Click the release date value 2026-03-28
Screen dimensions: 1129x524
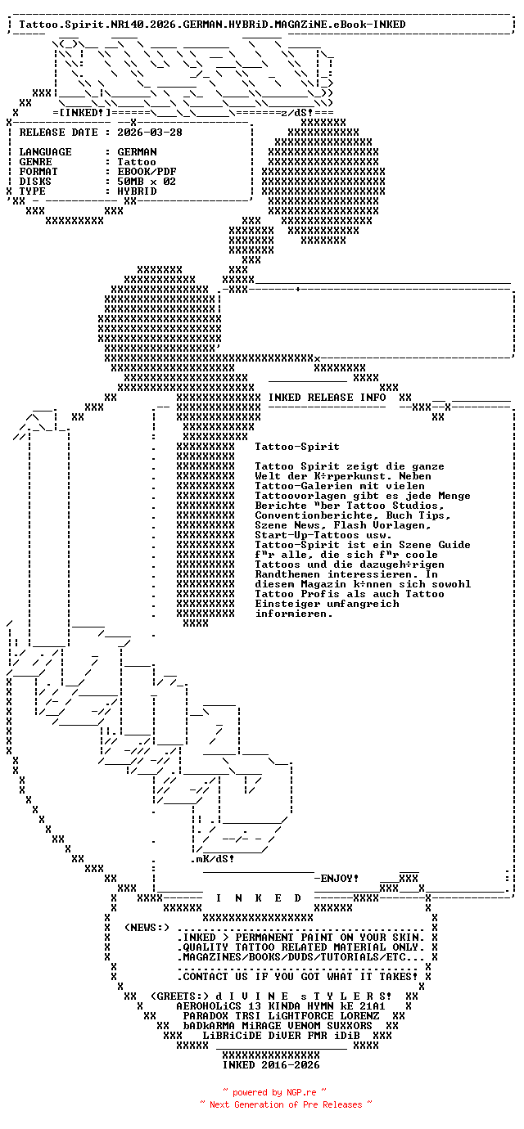tap(150, 133)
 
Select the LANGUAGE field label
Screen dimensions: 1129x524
tap(45, 152)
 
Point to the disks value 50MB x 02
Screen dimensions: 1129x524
tap(147, 182)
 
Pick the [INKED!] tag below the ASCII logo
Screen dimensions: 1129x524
tap(81, 111)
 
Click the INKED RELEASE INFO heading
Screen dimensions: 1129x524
tap(327, 398)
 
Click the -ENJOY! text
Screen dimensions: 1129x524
tap(337, 878)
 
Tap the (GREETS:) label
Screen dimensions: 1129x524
tap(176, 996)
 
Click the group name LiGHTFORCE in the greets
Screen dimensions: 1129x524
tap(310, 1015)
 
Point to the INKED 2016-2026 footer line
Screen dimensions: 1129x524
tap(271, 1065)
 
